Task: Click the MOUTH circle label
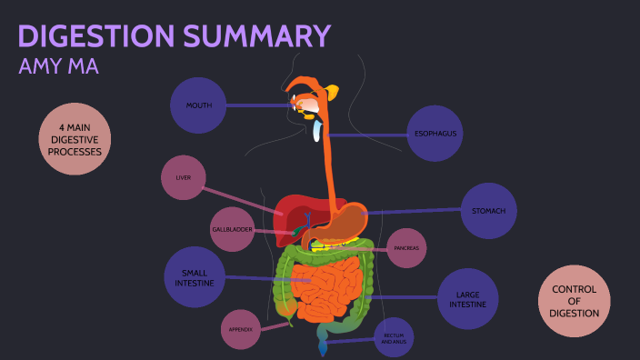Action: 198,105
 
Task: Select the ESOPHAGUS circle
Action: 435,134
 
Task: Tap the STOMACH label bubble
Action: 488,211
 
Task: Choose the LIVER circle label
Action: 183,178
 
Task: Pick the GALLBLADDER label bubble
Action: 232,229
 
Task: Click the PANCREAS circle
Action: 405,247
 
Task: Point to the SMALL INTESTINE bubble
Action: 195,277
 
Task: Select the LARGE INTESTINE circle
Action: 467,299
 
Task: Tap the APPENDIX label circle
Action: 241,329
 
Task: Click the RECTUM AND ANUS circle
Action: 394,336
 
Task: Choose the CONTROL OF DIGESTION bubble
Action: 574,301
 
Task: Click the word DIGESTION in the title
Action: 94,36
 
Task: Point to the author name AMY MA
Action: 58,67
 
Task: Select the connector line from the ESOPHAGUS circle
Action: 368,135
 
